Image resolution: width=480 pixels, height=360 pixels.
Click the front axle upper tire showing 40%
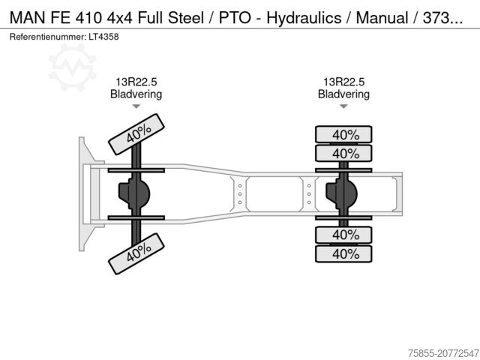[136, 133]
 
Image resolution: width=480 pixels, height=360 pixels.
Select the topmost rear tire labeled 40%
[344, 135]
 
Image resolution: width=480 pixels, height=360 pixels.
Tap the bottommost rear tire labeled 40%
[344, 253]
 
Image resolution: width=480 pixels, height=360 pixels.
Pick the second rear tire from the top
[344, 154]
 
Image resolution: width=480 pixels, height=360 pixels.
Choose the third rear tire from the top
[344, 235]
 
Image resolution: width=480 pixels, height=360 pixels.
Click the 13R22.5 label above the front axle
[136, 82]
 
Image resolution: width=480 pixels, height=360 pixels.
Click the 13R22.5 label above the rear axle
[343, 82]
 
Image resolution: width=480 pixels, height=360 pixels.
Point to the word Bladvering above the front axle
[136, 94]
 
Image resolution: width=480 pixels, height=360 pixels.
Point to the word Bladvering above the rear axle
[343, 94]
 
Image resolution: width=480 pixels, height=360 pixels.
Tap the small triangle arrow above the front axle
[136, 106]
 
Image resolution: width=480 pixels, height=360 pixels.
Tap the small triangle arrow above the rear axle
[343, 106]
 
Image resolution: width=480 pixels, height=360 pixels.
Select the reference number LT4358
[103, 36]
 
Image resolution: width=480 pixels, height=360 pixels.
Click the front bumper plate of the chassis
[83, 193]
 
